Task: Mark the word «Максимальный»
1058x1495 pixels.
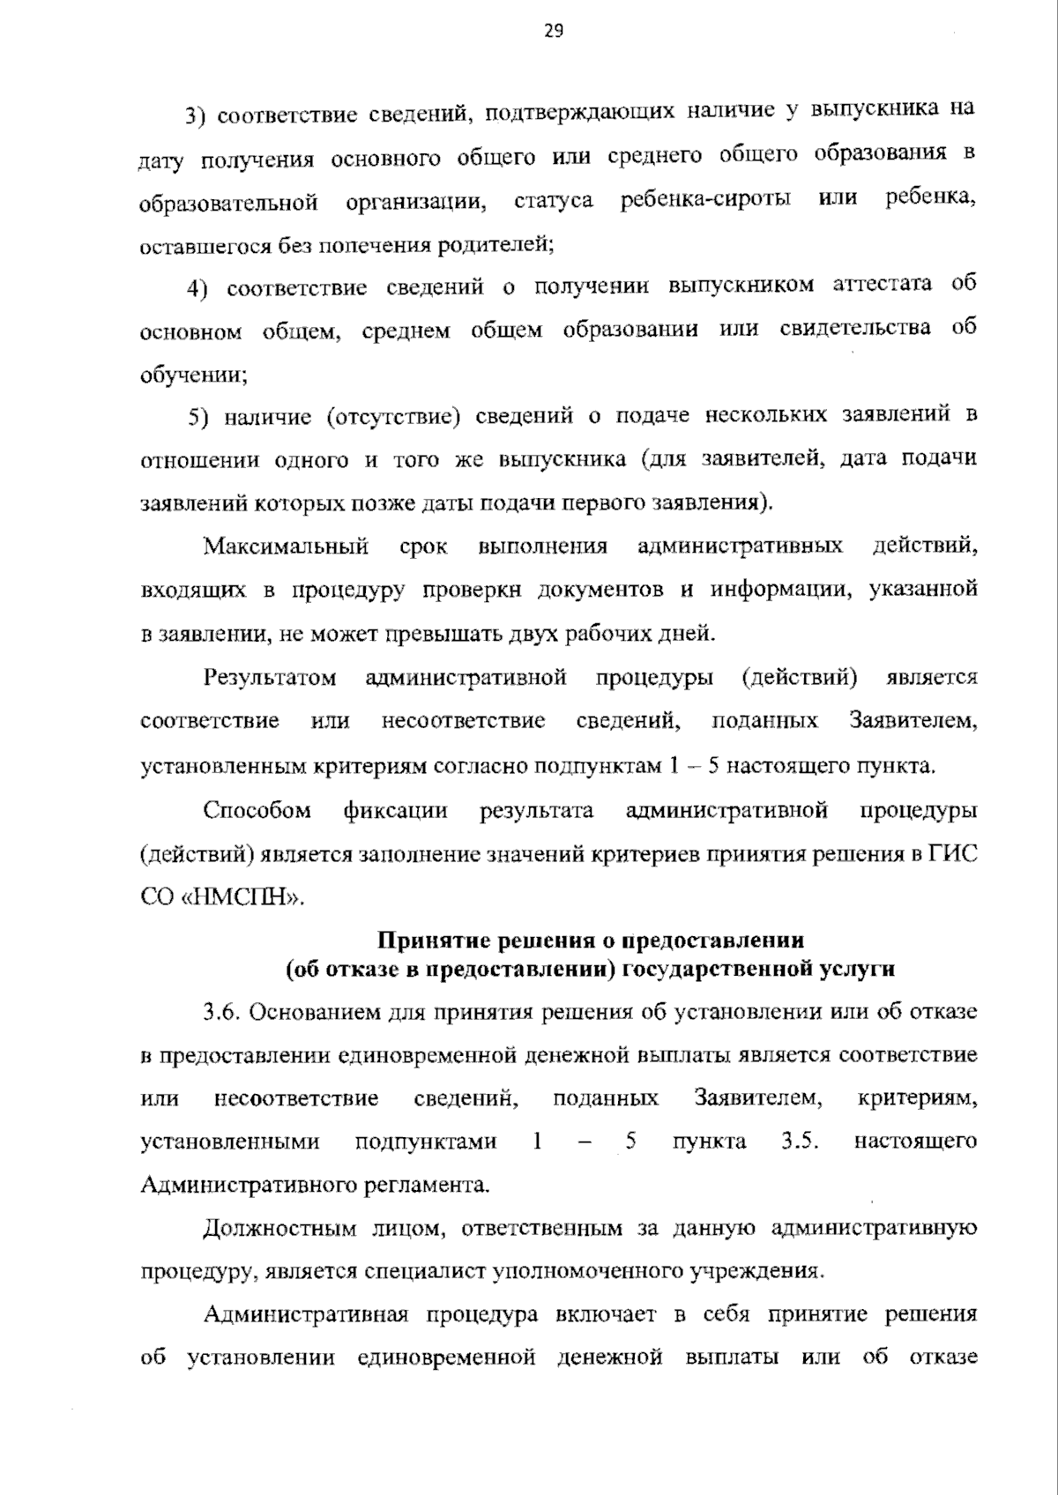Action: click(x=287, y=547)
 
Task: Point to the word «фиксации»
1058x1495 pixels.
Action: click(x=395, y=810)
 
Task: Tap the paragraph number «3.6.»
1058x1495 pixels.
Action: click(x=221, y=1012)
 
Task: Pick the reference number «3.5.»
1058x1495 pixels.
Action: click(x=801, y=1142)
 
